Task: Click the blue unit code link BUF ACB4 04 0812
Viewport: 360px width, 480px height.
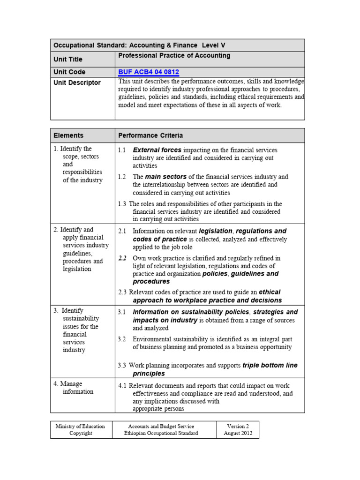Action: click(149, 72)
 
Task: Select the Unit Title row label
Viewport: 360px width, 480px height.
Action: click(68, 60)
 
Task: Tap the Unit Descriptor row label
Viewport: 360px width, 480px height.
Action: click(77, 82)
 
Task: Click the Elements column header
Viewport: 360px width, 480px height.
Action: click(68, 135)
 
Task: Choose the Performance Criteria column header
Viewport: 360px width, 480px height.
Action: click(150, 135)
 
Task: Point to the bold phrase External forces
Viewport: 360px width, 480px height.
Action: click(157, 150)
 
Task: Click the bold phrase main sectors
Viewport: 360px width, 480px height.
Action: click(165, 177)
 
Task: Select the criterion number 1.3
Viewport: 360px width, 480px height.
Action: click(122, 204)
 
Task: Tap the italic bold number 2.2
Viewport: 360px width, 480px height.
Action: click(122, 258)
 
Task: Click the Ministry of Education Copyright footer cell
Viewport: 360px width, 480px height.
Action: click(80, 429)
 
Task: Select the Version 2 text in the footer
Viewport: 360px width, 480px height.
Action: click(238, 426)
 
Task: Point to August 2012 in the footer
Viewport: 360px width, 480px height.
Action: click(238, 433)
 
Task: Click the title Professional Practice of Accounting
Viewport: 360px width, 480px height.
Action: click(174, 56)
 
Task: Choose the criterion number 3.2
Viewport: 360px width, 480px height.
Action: click(122, 339)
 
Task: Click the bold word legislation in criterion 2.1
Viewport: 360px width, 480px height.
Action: click(216, 231)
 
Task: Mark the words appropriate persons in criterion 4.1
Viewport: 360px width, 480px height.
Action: click(158, 408)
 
